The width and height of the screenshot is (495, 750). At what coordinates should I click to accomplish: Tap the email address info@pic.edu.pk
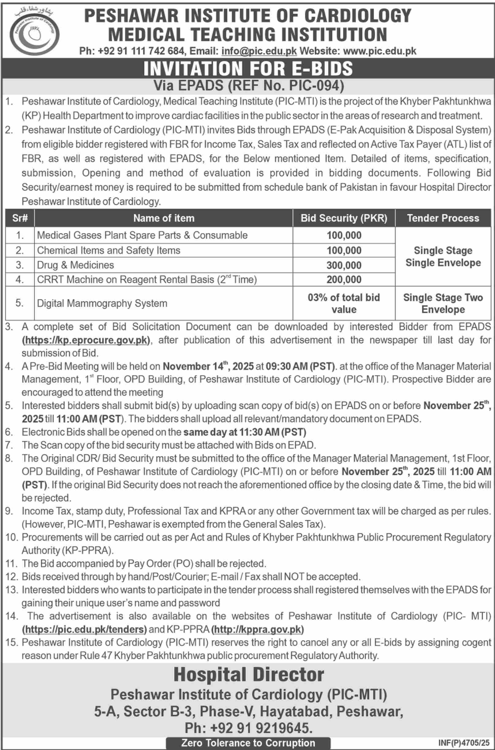pos(259,51)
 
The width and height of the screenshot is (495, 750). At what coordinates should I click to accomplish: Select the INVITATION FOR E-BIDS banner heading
pos(248,69)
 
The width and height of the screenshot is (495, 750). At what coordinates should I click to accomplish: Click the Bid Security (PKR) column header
pos(344,218)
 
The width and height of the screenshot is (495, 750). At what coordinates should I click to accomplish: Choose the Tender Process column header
pos(443,218)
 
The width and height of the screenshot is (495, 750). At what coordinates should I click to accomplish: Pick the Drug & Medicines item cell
pos(75,265)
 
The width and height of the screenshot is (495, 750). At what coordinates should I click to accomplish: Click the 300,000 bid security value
pos(344,265)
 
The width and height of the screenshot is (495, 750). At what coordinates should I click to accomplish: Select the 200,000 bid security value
pos(344,280)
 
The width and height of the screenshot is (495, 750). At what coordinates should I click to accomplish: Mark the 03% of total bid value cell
pos(344,303)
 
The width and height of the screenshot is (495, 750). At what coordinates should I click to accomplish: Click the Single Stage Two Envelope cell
pos(443,303)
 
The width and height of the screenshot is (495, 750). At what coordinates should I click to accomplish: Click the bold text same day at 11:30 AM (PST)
pos(245,432)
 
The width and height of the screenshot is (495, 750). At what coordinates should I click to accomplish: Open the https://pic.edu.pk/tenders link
pos(84,629)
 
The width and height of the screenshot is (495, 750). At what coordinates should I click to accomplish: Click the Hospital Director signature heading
pos(248,675)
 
